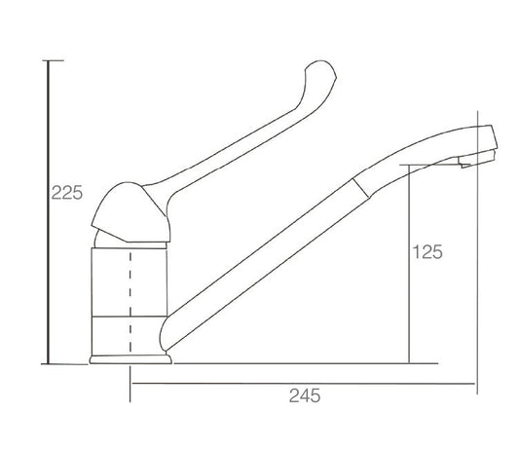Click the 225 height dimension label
coord(67,193)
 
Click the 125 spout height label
coord(427,252)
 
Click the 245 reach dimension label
coord(305,395)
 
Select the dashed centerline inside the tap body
coord(130,301)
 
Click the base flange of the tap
coord(130,359)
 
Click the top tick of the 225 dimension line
coord(53,60)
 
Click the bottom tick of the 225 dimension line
coord(64,364)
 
